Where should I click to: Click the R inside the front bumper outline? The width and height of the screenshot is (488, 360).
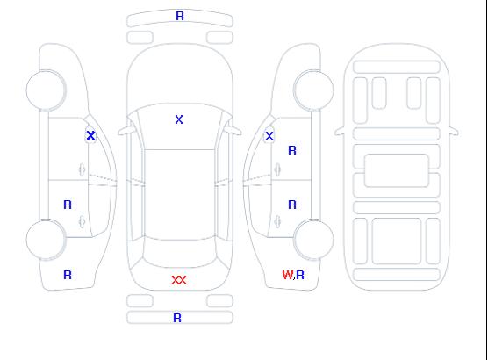(x=180, y=16)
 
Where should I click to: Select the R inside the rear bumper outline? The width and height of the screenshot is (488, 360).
(x=177, y=318)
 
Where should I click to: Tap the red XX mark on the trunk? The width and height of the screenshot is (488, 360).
(x=179, y=280)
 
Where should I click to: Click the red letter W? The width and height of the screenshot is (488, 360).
(x=288, y=275)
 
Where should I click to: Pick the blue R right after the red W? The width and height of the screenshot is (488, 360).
(x=300, y=275)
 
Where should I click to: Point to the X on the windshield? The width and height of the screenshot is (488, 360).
(x=179, y=119)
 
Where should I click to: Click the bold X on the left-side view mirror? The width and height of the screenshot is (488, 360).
(x=90, y=135)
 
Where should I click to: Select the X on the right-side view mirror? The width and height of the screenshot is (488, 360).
(x=269, y=136)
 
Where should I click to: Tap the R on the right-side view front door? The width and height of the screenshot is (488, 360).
(x=292, y=150)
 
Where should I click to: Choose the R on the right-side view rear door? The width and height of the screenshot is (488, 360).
(x=292, y=205)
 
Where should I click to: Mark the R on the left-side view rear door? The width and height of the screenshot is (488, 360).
(x=68, y=205)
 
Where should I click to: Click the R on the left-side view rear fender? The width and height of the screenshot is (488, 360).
(x=68, y=275)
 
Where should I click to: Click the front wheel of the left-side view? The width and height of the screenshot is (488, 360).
(x=46, y=90)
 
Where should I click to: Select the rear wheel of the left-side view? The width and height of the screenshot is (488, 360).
(x=46, y=240)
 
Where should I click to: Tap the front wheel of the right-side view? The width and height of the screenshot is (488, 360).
(x=313, y=90)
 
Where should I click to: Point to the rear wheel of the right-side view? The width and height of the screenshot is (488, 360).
(x=313, y=240)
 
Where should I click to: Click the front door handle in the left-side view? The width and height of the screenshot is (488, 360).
(x=82, y=169)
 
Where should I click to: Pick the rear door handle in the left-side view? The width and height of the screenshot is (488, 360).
(x=82, y=221)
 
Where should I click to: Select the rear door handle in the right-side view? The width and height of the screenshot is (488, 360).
(x=277, y=221)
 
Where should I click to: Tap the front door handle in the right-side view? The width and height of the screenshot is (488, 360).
(x=277, y=169)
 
